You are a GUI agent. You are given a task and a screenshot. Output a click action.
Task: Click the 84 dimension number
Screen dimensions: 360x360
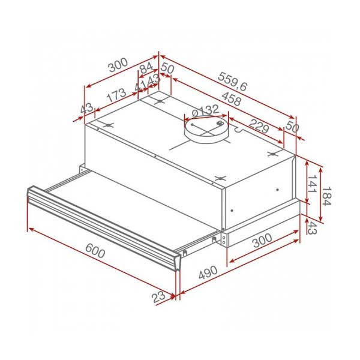point(146,68)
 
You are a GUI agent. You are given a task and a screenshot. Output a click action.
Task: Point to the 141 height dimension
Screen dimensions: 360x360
point(311,182)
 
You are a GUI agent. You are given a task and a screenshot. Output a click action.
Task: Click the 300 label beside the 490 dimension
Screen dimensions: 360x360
point(262,239)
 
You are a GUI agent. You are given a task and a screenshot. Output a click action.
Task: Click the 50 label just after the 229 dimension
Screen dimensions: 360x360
point(292,127)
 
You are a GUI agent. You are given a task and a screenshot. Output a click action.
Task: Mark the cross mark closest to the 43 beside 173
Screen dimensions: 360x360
point(109,126)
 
